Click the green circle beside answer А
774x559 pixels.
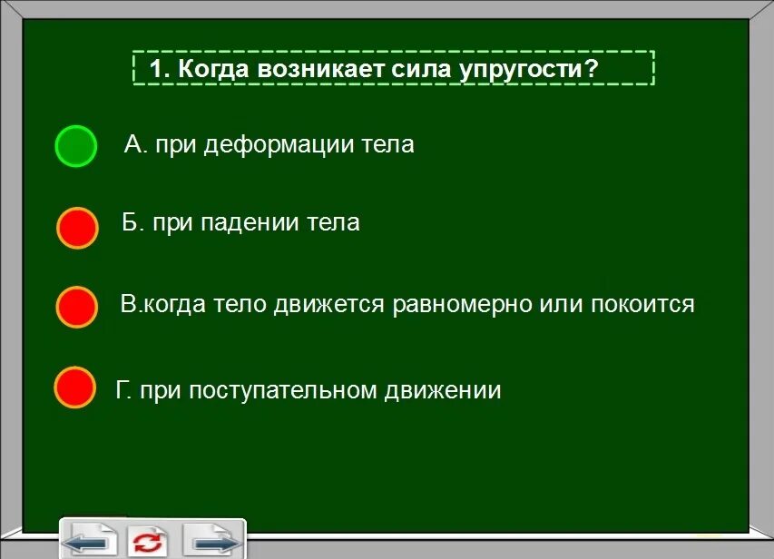click(75, 146)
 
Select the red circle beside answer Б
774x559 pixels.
click(77, 228)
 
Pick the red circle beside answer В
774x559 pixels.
click(77, 307)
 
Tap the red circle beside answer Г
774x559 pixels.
click(74, 387)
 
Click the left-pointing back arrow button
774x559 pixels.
click(91, 543)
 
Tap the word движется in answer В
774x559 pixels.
click(329, 304)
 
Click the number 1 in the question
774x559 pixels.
click(155, 69)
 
